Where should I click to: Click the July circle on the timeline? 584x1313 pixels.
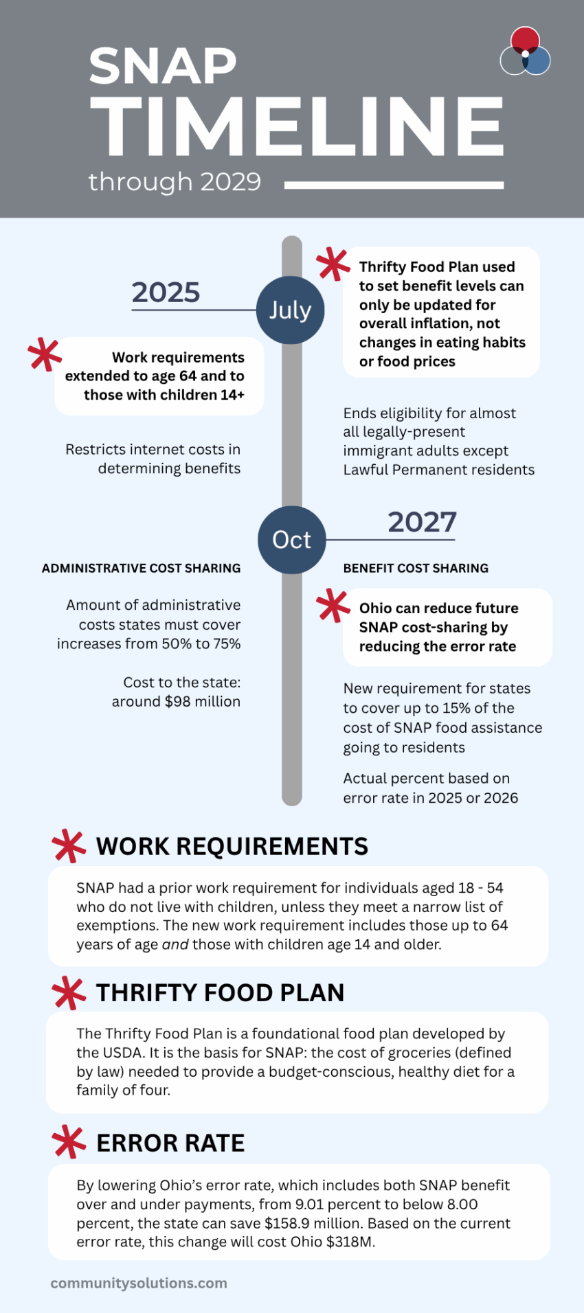tap(290, 310)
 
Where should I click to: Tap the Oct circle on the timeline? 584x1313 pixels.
tap(291, 540)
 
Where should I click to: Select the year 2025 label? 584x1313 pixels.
tap(166, 293)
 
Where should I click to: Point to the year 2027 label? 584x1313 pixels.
tap(422, 522)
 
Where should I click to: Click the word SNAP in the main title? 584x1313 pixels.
tap(163, 67)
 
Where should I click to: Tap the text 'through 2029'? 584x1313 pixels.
tap(175, 182)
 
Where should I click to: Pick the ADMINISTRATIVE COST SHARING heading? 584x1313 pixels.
tap(141, 568)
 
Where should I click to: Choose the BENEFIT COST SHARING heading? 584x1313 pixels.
tap(416, 568)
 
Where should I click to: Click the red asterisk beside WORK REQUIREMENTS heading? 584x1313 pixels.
tap(69, 846)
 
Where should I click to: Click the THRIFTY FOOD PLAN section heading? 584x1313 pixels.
tap(220, 993)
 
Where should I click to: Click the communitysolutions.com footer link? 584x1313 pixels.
tap(139, 1283)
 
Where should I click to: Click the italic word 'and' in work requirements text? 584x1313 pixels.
tap(175, 944)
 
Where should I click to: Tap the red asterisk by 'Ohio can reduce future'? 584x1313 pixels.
tap(333, 606)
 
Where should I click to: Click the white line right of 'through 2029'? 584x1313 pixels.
tap(394, 185)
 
